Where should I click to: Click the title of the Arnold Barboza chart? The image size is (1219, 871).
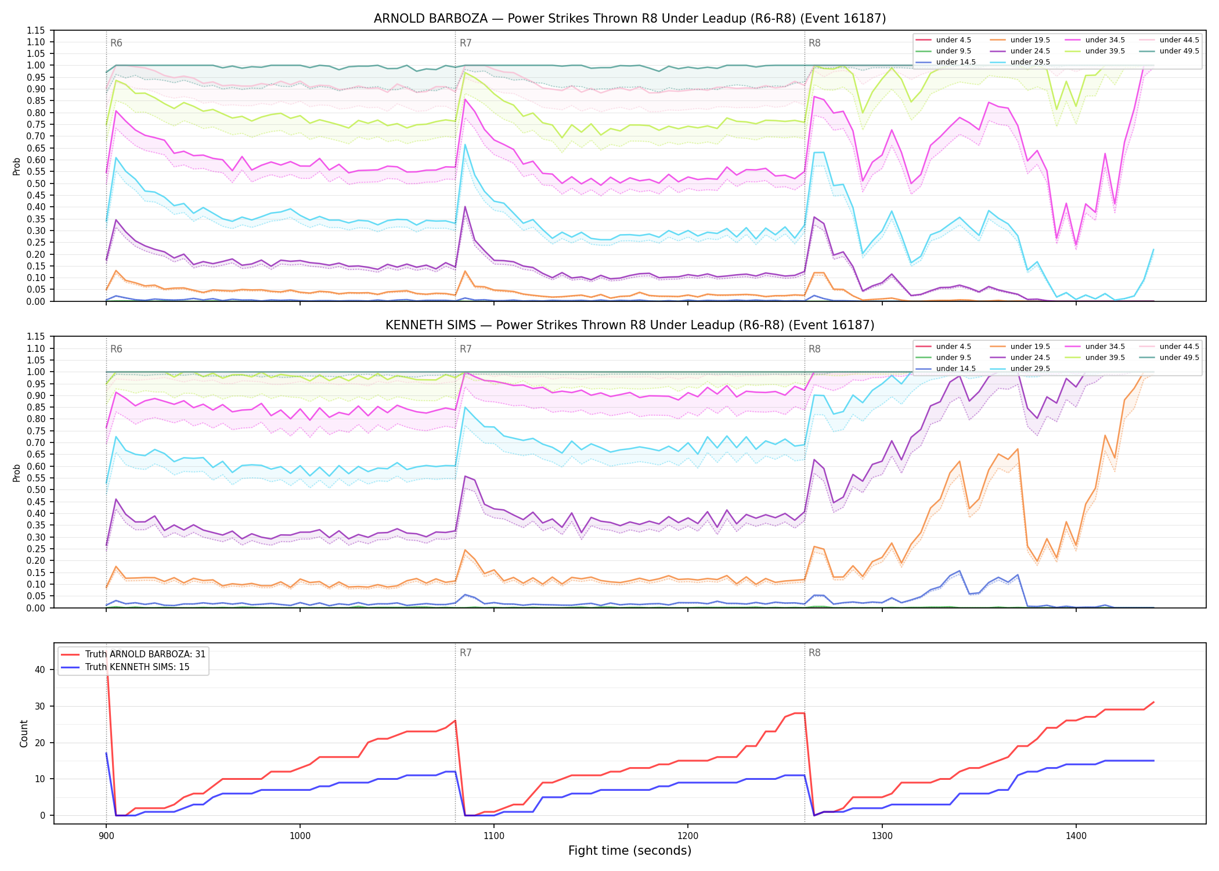click(630, 19)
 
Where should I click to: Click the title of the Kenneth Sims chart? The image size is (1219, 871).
click(630, 325)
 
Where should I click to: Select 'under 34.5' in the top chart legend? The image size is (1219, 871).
click(1105, 40)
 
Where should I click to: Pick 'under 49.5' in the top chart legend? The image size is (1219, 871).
click(1179, 51)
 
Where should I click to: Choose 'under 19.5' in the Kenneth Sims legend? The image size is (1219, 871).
click(1030, 347)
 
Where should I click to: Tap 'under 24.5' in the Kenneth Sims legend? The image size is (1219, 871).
click(1030, 358)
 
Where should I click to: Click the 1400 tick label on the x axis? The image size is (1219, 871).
click(1076, 836)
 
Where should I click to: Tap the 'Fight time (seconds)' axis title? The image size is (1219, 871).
click(630, 851)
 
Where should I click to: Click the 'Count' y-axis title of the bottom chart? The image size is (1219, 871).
click(24, 733)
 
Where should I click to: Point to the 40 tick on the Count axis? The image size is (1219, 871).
click(40, 670)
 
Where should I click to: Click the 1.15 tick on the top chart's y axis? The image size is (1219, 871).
click(37, 30)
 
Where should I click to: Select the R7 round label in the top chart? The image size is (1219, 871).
click(466, 43)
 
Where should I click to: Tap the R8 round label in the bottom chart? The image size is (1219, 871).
click(814, 653)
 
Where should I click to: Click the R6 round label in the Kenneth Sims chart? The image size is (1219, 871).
click(116, 350)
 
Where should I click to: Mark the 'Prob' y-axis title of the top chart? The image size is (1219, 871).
click(17, 167)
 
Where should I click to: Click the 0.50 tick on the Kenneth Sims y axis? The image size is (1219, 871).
click(37, 490)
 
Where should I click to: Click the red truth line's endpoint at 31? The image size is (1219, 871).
click(1153, 702)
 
